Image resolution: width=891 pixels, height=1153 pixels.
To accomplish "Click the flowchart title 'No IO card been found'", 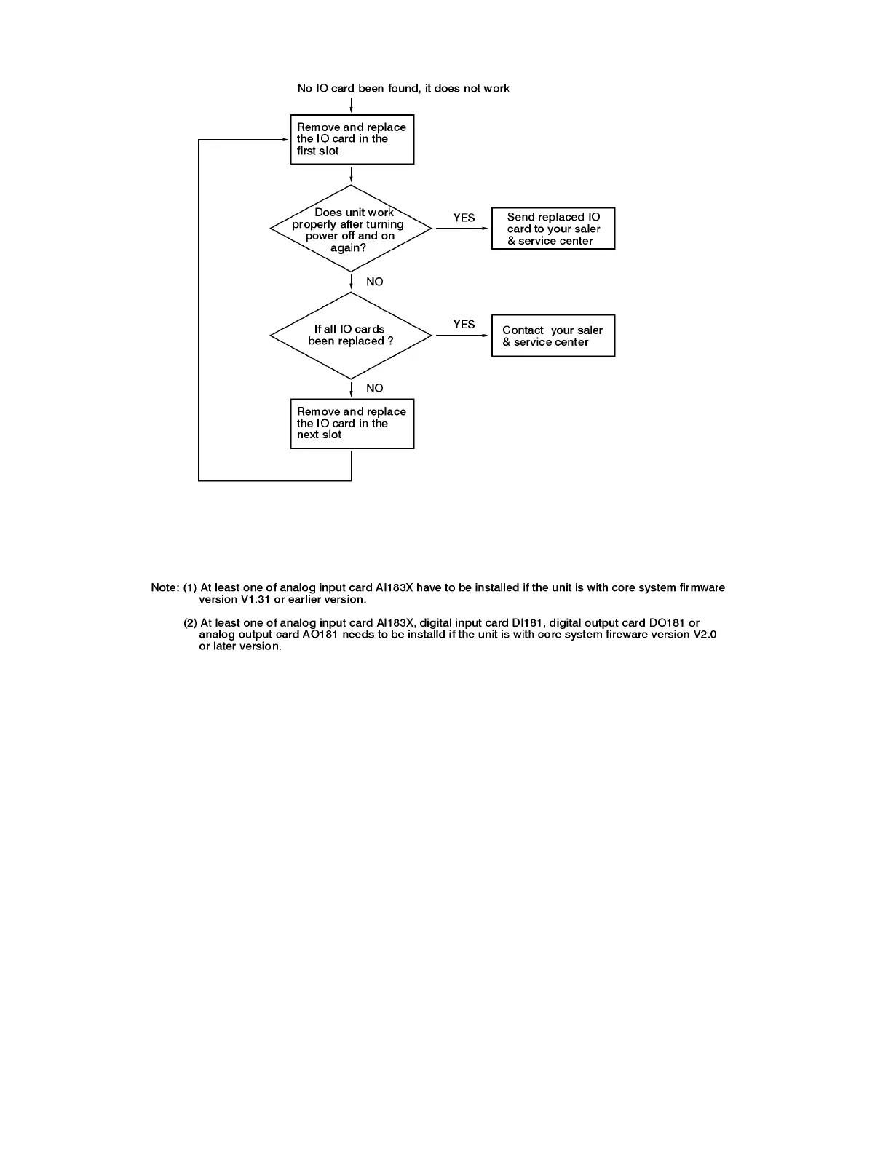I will (403, 88).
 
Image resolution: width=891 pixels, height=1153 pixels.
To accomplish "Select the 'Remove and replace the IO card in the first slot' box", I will (352, 139).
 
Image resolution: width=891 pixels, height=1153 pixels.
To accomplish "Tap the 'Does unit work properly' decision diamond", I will (351, 229).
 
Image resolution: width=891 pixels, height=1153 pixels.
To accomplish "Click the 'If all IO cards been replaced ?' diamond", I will (351, 336).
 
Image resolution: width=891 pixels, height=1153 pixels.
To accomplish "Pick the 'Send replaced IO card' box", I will (553, 229).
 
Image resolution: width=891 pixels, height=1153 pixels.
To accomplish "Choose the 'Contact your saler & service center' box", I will (553, 336).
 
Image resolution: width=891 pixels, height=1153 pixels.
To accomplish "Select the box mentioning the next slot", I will (352, 423).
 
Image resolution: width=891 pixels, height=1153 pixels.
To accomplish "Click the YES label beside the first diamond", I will (464, 218).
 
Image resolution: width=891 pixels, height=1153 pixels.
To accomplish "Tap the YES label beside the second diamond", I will (464, 324).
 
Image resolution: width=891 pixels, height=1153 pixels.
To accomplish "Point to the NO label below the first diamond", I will (374, 282).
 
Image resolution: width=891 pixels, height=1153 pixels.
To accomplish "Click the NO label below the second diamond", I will (374, 388).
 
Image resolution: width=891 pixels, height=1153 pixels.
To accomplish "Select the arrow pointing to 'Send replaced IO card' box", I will (462, 229).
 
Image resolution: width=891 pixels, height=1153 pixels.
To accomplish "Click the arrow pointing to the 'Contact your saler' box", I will (462, 336).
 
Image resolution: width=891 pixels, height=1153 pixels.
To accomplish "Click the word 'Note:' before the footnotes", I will (165, 587).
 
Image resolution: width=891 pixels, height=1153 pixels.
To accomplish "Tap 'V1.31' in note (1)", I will (256, 599).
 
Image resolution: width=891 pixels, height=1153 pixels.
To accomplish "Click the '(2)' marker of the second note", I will (190, 622).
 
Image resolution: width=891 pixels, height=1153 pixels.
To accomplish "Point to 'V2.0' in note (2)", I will (705, 634).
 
